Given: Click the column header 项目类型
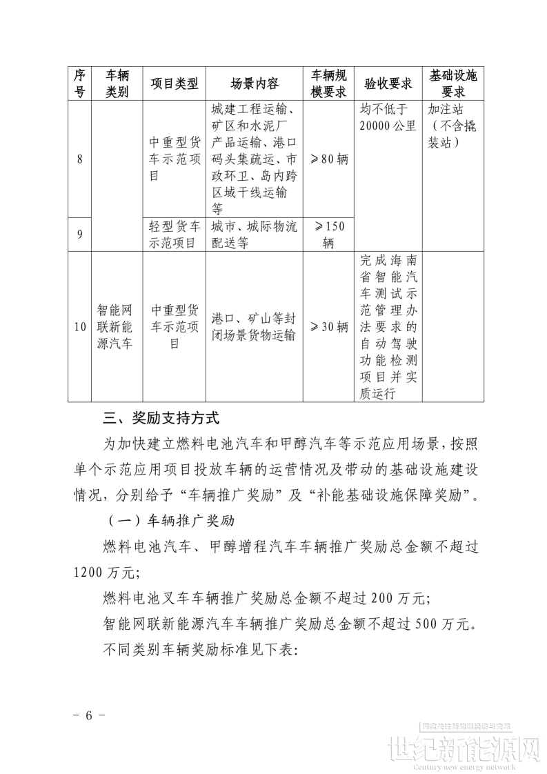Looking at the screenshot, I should [174, 83].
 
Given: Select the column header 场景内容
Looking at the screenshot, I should [254, 83].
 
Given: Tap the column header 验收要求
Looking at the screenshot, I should [388, 83].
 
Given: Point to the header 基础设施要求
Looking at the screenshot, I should [452, 83].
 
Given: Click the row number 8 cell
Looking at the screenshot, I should [80, 159].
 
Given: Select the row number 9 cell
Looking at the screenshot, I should [80, 235].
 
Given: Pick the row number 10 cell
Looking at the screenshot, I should [80, 326].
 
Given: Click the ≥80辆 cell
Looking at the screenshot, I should [328, 159].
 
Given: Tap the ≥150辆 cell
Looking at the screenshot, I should [328, 235].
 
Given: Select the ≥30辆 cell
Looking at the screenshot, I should [328, 326].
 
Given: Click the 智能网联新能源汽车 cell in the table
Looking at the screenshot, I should [117, 326].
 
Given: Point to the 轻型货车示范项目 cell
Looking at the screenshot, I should [174, 235].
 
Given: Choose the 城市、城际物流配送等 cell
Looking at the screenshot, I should [254, 235].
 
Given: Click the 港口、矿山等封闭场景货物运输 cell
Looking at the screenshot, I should [254, 326].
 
